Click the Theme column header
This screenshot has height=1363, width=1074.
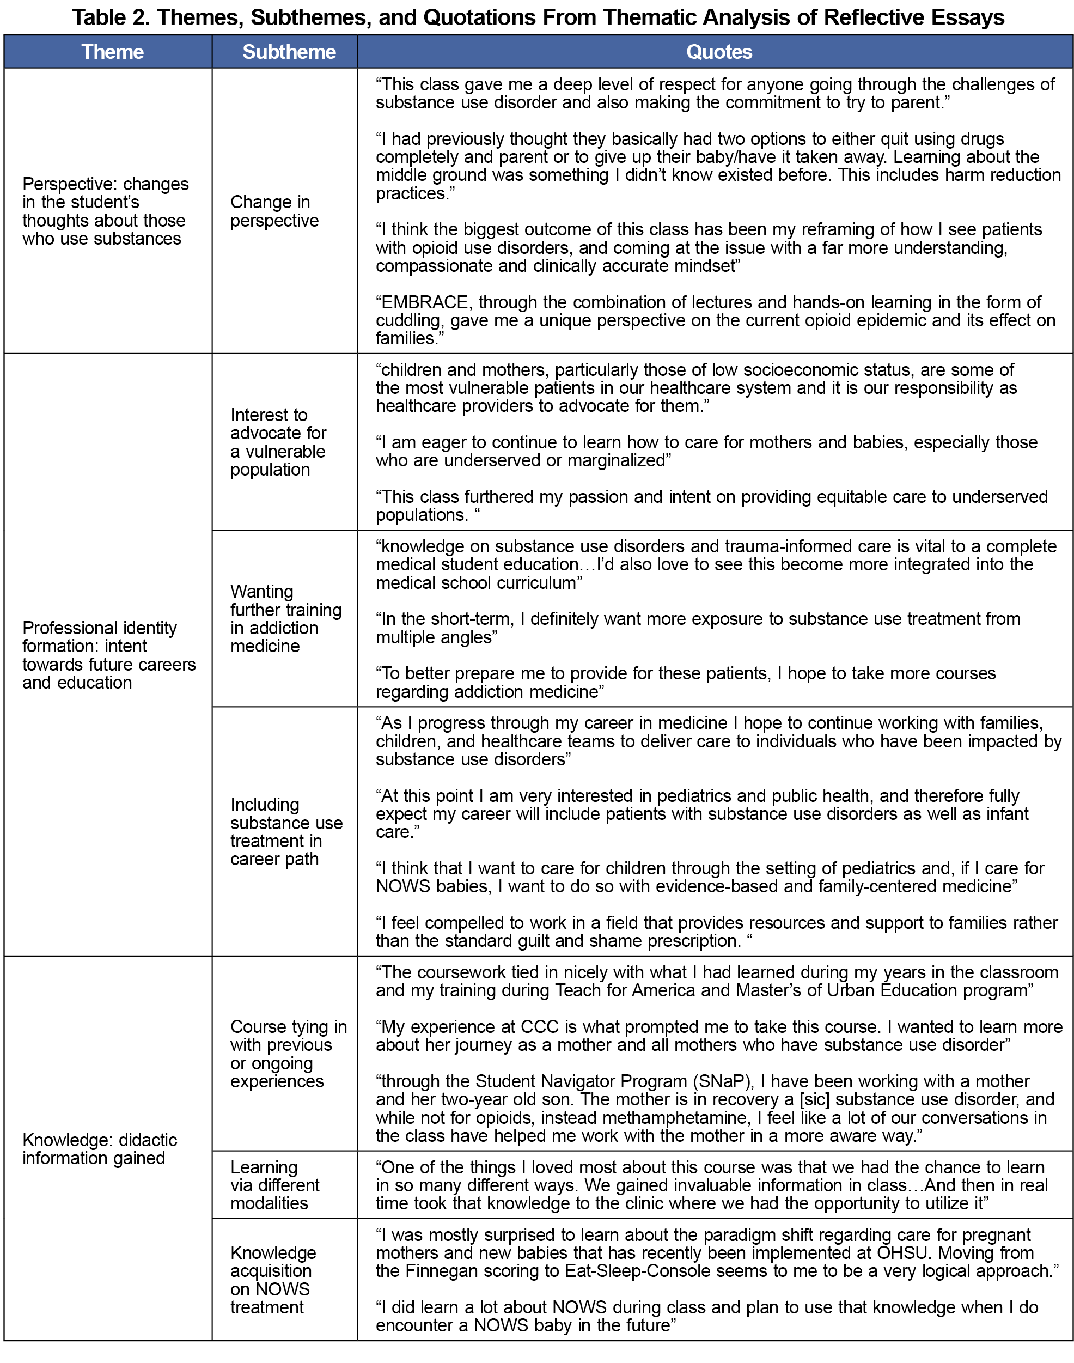point(112,52)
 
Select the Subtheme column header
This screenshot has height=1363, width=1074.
point(289,52)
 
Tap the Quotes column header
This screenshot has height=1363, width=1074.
point(719,52)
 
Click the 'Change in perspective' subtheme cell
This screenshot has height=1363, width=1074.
point(274,211)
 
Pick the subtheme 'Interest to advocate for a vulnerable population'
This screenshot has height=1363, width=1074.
point(278,442)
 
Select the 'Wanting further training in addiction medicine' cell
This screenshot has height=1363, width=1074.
point(285,619)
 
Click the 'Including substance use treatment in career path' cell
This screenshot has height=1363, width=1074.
point(286,831)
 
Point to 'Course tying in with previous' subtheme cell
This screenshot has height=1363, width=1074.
point(288,1054)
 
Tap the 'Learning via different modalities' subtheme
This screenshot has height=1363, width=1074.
point(275,1185)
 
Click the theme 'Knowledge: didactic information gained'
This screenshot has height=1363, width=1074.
point(99,1148)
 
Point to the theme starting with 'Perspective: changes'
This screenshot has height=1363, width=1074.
point(105,211)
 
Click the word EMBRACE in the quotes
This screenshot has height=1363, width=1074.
point(424,302)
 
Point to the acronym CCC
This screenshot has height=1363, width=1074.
point(539,1026)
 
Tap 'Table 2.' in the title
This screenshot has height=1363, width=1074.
point(110,17)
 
